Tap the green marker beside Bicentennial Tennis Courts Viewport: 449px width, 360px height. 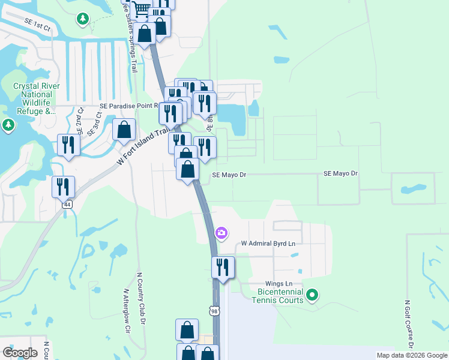[312, 295]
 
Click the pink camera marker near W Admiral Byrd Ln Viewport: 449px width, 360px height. [221, 233]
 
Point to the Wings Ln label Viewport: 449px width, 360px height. [279, 284]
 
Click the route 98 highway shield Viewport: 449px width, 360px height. [214, 310]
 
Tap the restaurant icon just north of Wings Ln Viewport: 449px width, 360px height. [223, 268]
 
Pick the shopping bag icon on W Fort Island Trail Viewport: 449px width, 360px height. [124, 130]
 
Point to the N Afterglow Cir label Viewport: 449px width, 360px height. [127, 311]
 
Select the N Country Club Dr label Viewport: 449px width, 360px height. [143, 298]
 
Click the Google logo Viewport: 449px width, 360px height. [20, 353]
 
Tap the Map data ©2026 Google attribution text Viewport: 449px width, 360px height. [412, 355]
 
